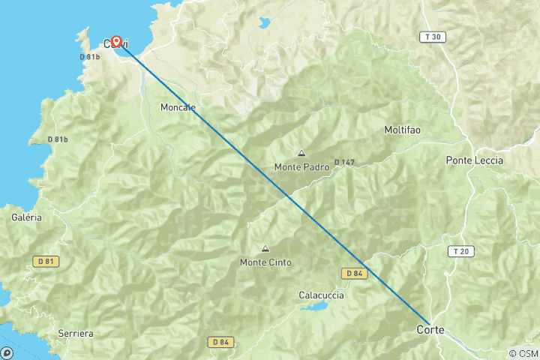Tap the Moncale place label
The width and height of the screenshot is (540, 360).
(x=178, y=108)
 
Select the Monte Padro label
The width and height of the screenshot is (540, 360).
(x=301, y=167)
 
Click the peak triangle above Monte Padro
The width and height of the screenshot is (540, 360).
(x=301, y=154)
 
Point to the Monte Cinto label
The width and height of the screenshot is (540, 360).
(x=265, y=262)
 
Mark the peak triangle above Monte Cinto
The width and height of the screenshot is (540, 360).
(x=265, y=249)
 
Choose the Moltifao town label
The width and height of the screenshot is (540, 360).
(x=402, y=130)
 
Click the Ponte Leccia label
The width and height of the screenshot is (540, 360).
(x=475, y=160)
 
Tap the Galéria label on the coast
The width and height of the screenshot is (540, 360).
(x=27, y=217)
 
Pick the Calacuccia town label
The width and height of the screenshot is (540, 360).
(x=321, y=295)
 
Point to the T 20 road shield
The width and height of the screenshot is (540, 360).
(x=460, y=251)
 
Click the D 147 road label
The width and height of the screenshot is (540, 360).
(x=344, y=162)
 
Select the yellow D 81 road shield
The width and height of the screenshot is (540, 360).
(x=46, y=261)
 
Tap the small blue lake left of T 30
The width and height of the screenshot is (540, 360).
(x=265, y=23)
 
